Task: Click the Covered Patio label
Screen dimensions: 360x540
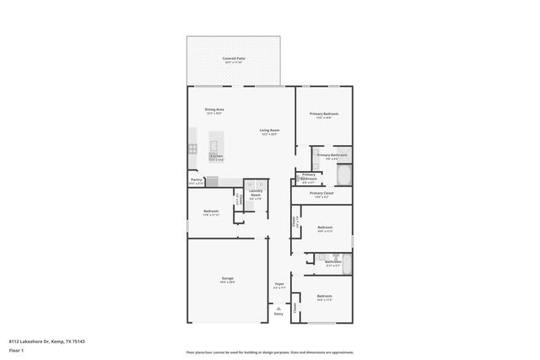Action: (234, 59)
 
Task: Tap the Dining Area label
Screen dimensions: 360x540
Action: (214, 110)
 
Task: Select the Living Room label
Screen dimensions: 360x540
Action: (269, 131)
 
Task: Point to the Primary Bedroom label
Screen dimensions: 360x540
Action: (323, 114)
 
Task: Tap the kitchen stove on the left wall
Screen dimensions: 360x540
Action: (192, 148)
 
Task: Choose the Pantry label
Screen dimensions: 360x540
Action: (196, 180)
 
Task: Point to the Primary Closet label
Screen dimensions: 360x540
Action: (321, 193)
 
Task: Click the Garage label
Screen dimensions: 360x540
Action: (228, 278)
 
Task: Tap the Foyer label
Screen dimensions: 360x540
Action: (278, 284)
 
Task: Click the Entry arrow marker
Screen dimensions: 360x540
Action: (278, 308)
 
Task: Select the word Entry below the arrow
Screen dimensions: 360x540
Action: (278, 314)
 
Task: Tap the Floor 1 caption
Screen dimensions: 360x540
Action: (16, 352)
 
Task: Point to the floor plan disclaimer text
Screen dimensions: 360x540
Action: (269, 352)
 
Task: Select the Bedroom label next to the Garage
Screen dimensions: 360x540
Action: (211, 211)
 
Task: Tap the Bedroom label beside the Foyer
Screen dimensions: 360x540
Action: (325, 296)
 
